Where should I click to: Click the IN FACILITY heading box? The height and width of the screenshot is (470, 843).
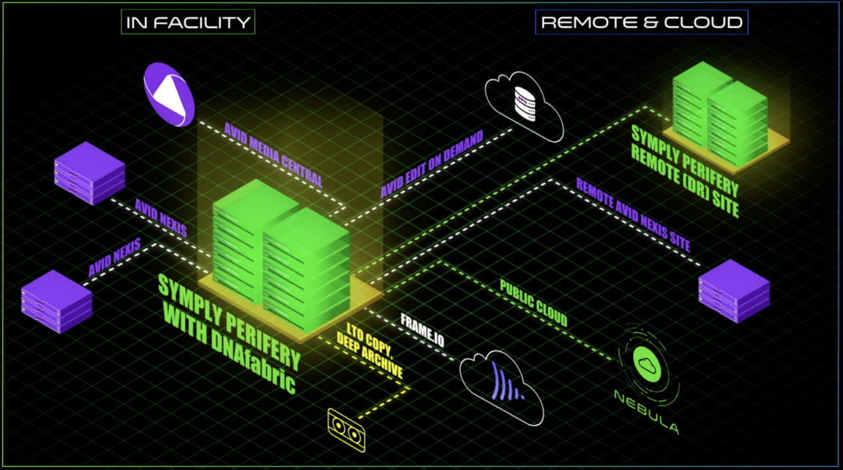[188, 22]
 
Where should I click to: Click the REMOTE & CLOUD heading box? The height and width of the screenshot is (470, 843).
[641, 22]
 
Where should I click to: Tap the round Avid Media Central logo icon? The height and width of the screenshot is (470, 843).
[168, 94]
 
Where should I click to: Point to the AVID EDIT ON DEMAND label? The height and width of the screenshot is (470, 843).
[432, 164]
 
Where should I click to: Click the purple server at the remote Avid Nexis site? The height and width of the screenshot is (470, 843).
[734, 290]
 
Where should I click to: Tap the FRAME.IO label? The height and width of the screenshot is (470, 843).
[422, 329]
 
